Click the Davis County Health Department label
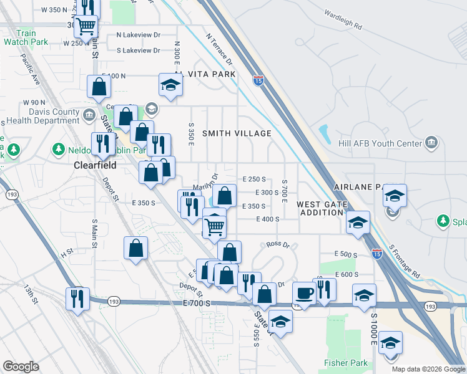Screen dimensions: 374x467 pyautogui.click(x=40, y=117)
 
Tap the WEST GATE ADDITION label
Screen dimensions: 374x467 pyautogui.click(x=320, y=208)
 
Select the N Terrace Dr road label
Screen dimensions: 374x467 pyautogui.click(x=219, y=49)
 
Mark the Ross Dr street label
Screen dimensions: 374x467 pyautogui.click(x=278, y=245)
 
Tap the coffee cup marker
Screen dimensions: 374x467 pyautogui.click(x=304, y=292)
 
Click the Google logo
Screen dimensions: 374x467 pyautogui.click(x=21, y=367)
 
